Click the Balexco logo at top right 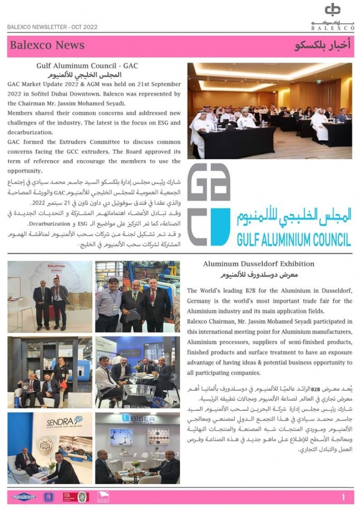(x=338, y=15)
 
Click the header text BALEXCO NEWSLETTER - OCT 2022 (x=52, y=27)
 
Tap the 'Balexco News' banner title (x=47, y=45)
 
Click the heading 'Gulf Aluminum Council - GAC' (x=87, y=66)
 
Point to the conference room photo (x=270, y=110)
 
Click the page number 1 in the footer (x=344, y=497)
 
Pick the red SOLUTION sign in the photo (x=56, y=267)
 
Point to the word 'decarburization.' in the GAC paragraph (x=30, y=132)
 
